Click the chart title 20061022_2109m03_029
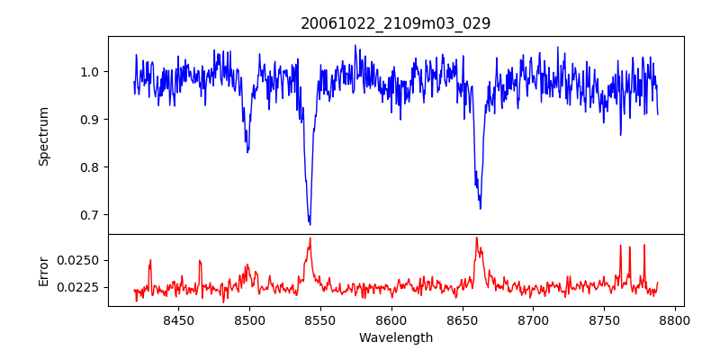[x=396, y=23]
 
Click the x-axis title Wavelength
[x=396, y=338]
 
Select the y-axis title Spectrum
[x=43, y=136]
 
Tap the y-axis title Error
[x=43, y=270]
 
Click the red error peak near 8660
[x=476, y=238]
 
